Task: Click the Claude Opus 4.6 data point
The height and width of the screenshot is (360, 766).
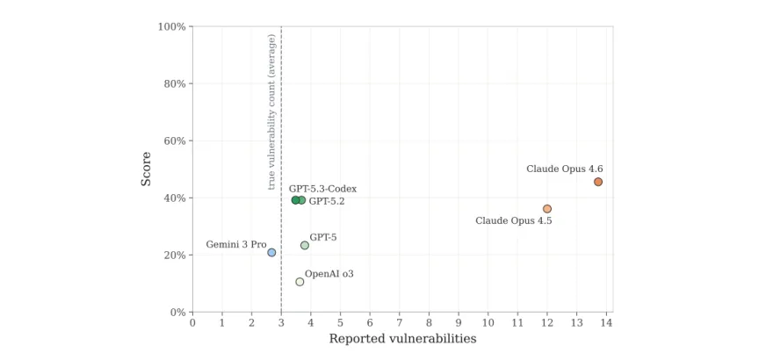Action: tap(598, 182)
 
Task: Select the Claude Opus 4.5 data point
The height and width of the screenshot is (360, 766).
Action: tap(547, 209)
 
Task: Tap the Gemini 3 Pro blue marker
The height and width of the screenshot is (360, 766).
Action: tap(271, 252)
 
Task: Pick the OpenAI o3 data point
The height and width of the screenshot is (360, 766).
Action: tap(300, 281)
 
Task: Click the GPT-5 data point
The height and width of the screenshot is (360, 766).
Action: tap(304, 245)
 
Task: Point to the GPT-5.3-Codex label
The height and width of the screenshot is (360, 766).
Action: tap(323, 189)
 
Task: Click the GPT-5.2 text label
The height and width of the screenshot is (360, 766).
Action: tap(327, 201)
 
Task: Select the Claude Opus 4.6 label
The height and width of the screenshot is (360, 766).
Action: tap(564, 169)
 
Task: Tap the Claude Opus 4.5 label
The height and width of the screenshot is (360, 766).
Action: tap(513, 220)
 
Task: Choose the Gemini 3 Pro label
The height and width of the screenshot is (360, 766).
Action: tap(236, 244)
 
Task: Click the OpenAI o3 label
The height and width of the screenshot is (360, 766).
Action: tap(329, 274)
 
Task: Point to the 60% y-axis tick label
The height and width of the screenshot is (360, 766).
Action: tap(175, 140)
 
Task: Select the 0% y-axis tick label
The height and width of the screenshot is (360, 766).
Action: tap(177, 312)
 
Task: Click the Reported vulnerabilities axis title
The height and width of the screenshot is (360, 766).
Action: tap(402, 339)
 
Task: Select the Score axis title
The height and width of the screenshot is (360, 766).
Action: tap(146, 169)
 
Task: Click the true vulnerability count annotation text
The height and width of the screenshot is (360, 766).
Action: tap(272, 112)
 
